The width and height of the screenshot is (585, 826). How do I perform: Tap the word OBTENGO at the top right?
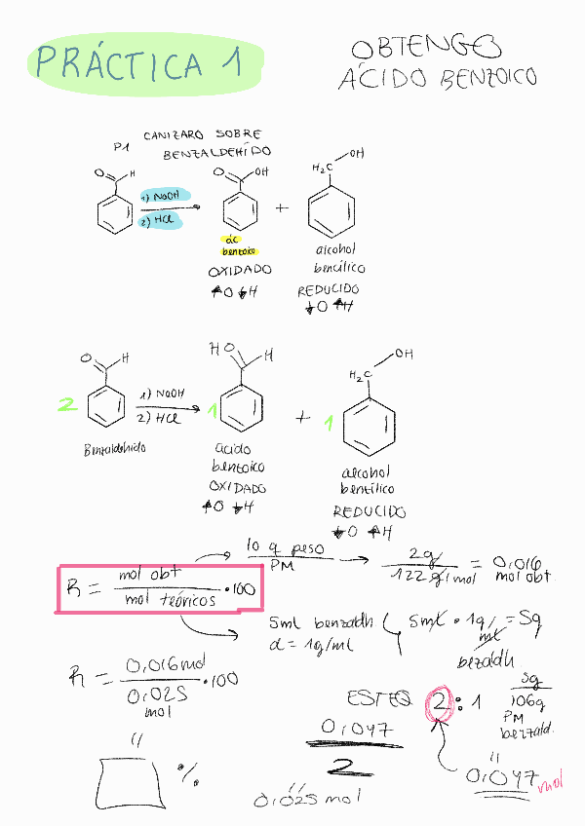[x=425, y=48]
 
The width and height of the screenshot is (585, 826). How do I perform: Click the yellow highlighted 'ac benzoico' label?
[x=232, y=244]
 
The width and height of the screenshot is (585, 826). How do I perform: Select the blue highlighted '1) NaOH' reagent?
[x=162, y=196]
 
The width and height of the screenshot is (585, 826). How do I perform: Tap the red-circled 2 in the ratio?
[x=440, y=702]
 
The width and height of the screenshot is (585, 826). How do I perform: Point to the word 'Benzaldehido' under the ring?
[x=114, y=451]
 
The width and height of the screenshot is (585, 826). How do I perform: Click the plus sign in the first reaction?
[x=283, y=208]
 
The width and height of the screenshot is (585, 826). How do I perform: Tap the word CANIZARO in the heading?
[x=175, y=135]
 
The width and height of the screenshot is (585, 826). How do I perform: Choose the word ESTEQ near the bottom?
[x=380, y=698]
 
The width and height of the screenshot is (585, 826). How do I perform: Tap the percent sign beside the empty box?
[x=188, y=774]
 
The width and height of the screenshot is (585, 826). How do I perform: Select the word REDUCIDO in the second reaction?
[x=370, y=511]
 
